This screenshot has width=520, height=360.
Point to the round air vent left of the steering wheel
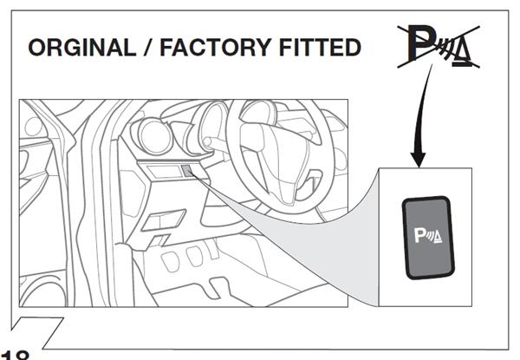[154, 137]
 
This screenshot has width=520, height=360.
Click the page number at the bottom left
[16, 354]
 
